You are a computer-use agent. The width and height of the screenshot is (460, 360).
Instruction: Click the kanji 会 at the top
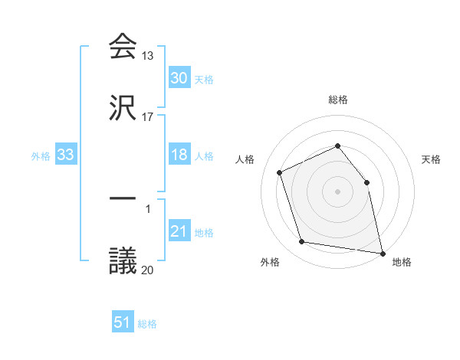(x=123, y=46)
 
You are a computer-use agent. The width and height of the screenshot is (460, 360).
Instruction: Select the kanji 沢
(x=123, y=108)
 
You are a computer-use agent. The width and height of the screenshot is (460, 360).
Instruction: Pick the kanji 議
(x=123, y=261)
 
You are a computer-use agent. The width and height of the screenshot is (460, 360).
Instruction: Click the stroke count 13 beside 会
(x=148, y=56)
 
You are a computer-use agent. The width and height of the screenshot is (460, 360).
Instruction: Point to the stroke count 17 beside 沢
(x=148, y=117)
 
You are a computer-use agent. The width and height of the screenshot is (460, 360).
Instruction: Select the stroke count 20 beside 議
(x=148, y=270)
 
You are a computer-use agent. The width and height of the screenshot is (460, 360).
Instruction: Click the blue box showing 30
(x=179, y=78)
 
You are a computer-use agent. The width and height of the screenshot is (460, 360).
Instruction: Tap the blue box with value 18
(x=179, y=155)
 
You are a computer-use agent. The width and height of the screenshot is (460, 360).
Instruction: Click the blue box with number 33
(x=66, y=155)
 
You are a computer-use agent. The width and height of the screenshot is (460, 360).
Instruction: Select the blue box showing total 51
(x=123, y=322)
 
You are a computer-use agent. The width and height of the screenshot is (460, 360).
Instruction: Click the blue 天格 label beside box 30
(x=204, y=80)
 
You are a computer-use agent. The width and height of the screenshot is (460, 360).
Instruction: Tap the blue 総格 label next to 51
(x=147, y=324)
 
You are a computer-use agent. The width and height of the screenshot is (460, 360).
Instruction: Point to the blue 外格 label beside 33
(x=41, y=156)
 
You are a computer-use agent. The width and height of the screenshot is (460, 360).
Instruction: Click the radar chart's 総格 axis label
(x=338, y=100)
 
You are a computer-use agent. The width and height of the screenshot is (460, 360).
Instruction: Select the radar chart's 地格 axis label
(x=402, y=262)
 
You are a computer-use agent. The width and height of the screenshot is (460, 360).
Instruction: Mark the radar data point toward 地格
(x=382, y=252)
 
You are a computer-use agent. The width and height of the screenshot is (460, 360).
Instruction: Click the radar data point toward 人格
(x=281, y=172)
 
